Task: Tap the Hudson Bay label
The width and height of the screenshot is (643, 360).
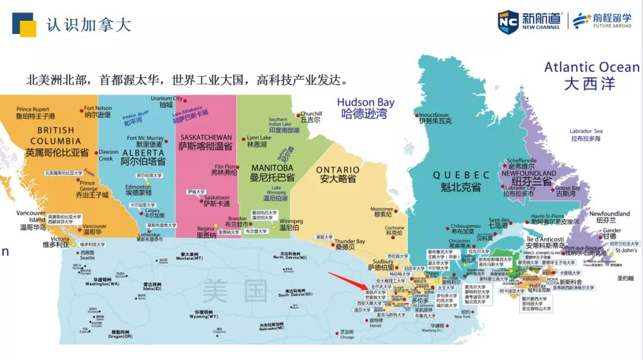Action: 366,108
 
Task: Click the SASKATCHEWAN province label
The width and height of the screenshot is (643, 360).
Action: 206,141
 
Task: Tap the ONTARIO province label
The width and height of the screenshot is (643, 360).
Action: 338,174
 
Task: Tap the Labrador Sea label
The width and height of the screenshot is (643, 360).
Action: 586,134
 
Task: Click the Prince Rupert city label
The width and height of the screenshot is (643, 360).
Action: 33,112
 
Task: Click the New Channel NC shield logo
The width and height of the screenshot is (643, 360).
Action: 508,22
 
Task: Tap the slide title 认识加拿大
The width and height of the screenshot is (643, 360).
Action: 88,24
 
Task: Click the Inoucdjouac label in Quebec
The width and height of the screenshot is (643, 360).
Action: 434,117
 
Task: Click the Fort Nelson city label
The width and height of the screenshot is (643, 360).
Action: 98,111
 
